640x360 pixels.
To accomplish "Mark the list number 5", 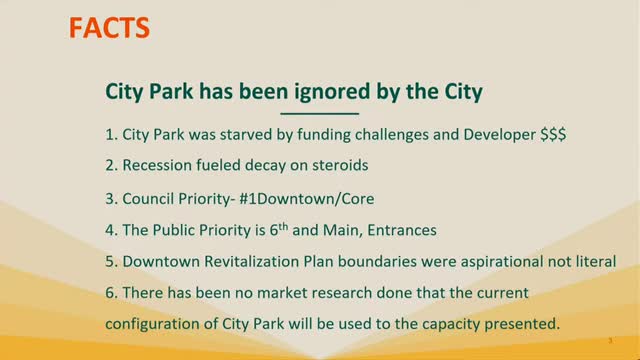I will click(x=112, y=262).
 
